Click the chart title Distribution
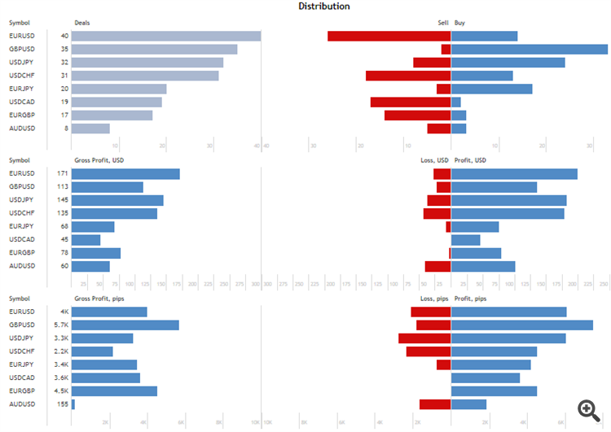click(x=324, y=7)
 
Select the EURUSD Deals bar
click(x=166, y=36)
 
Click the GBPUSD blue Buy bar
click(x=530, y=49)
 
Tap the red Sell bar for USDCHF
click(x=408, y=76)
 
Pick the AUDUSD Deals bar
click(x=90, y=129)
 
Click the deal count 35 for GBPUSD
click(x=64, y=49)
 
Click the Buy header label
click(x=460, y=23)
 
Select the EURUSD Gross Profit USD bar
click(x=125, y=174)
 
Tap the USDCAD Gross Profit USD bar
click(x=86, y=240)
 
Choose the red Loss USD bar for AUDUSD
click(x=437, y=266)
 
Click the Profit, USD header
click(x=470, y=160)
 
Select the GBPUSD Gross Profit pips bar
click(x=125, y=325)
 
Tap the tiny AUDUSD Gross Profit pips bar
click(x=73, y=404)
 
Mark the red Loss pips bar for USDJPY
click(x=424, y=338)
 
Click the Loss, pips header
click(x=433, y=299)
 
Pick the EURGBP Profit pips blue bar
click(x=494, y=391)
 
